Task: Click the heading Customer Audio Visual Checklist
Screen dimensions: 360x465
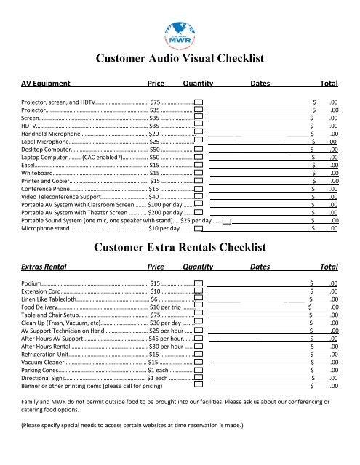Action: pyautogui.click(x=179, y=59)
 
